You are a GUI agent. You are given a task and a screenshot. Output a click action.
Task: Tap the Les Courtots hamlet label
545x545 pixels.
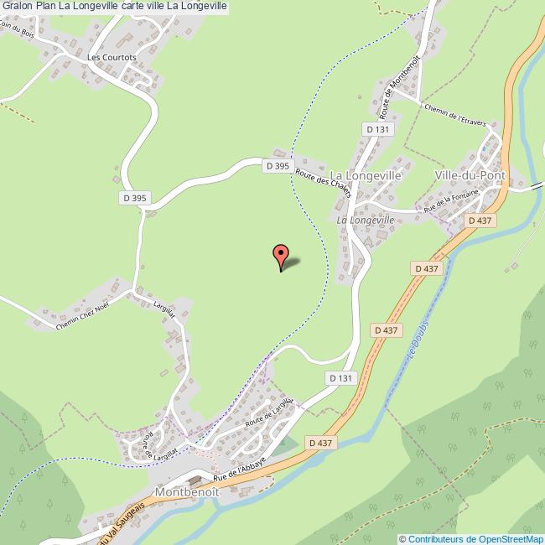(x=111, y=58)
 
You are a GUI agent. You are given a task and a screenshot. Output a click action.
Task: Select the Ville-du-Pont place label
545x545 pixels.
(x=470, y=175)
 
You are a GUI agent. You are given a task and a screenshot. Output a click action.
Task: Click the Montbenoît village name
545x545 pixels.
(x=186, y=493)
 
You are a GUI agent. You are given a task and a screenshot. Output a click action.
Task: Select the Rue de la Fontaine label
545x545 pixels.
(x=451, y=202)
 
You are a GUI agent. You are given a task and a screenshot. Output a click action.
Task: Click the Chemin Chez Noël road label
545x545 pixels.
(x=82, y=314)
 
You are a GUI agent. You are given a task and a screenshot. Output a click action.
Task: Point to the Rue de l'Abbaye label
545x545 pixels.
(x=245, y=463)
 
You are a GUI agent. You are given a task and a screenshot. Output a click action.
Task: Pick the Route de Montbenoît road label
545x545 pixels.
(x=401, y=86)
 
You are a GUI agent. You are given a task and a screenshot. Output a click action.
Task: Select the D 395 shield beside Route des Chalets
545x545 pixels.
(x=278, y=166)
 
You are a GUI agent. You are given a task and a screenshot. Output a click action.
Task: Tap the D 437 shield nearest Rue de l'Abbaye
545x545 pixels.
(x=321, y=442)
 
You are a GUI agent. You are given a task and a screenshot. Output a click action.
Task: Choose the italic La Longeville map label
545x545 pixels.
(x=365, y=220)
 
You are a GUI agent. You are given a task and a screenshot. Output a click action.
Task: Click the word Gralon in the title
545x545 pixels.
(x=16, y=7)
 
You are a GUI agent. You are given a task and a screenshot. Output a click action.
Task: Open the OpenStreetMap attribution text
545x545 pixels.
(x=471, y=538)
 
